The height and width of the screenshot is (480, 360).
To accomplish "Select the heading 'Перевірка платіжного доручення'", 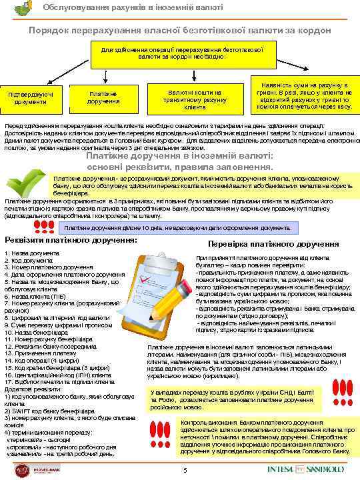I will (273, 244).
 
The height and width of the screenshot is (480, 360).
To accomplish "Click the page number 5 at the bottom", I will (185, 472).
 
